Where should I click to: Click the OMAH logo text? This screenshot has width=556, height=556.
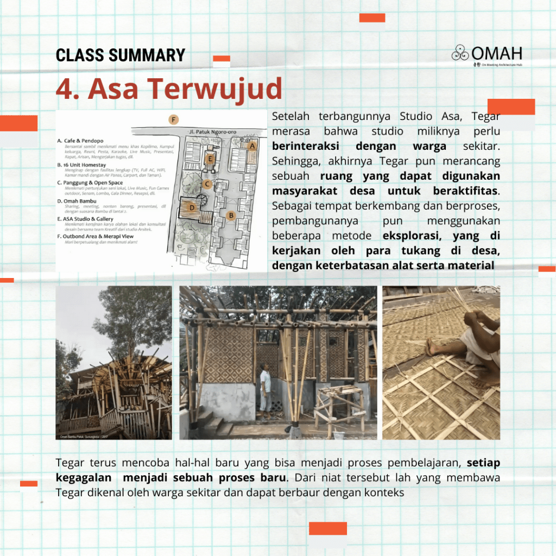[x=496, y=53]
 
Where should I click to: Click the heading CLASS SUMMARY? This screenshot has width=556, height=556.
[x=121, y=55]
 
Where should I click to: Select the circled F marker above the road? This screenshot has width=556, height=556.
[x=173, y=119]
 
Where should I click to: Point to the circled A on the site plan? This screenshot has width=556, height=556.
[x=251, y=146]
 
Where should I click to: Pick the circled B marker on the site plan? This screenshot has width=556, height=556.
[x=231, y=216]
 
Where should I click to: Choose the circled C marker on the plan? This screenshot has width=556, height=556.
[x=206, y=184]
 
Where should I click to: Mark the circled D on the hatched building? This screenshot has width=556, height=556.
[x=192, y=207]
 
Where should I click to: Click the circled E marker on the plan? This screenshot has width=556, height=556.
[x=209, y=159]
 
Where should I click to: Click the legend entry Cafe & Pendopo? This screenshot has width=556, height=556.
[x=84, y=141]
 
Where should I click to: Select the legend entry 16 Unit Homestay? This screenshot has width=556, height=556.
[x=85, y=165]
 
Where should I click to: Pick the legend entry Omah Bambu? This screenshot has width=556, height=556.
[x=80, y=201]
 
